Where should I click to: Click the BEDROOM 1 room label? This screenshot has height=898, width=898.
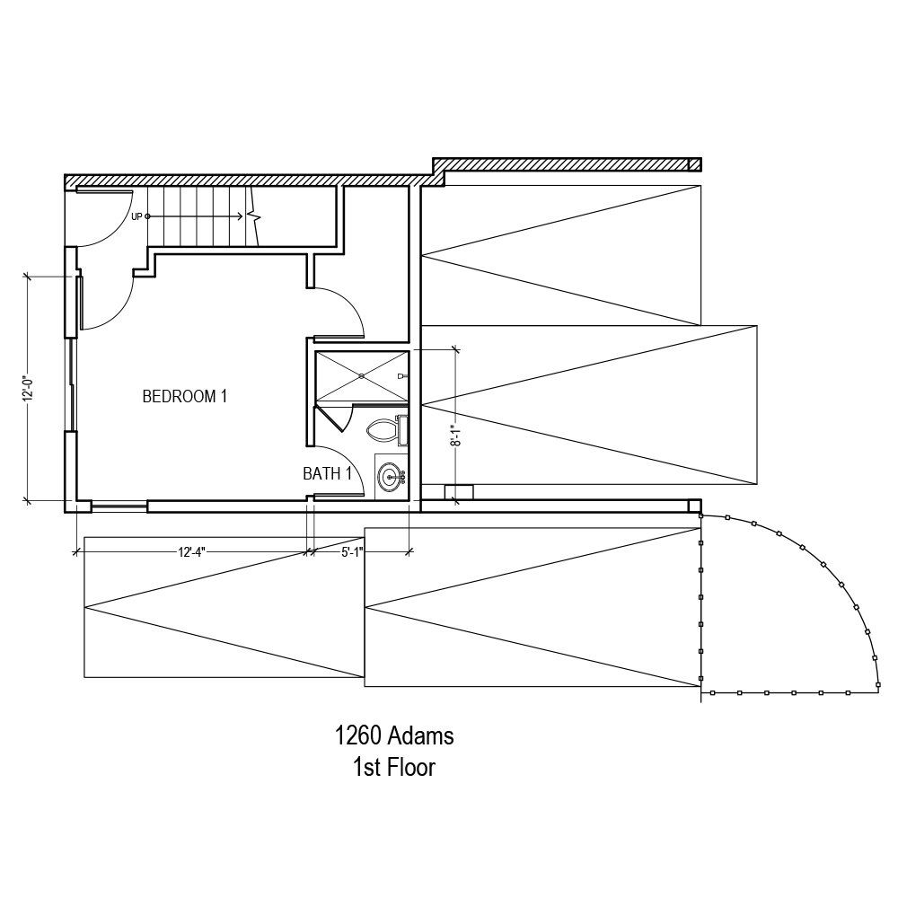pyautogui.click(x=184, y=396)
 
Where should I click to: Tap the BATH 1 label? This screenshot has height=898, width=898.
pyautogui.click(x=327, y=473)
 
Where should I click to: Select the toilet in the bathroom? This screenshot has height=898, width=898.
pyautogui.click(x=382, y=430)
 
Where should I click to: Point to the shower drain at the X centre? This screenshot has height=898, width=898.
pyautogui.click(x=361, y=376)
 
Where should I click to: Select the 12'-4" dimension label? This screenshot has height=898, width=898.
pyautogui.click(x=191, y=552)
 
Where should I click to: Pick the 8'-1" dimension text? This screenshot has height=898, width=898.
pyautogui.click(x=455, y=436)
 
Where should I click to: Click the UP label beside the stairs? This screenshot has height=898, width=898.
pyautogui.click(x=136, y=217)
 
